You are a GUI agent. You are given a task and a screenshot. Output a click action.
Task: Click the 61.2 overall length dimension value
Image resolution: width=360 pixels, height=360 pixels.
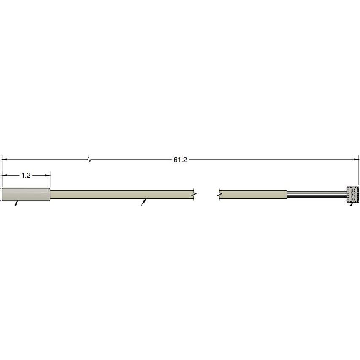(x=180, y=160)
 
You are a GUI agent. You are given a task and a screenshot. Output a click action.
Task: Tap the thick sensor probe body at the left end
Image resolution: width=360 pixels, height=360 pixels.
(x=26, y=194)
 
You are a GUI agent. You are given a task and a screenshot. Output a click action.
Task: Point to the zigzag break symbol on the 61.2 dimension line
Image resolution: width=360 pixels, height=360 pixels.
(x=89, y=160)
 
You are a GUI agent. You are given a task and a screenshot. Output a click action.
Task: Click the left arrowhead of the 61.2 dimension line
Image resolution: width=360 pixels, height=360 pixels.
(x=4, y=160)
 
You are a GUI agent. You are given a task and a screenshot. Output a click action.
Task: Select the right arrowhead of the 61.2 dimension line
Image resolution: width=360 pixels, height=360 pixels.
(x=356, y=160)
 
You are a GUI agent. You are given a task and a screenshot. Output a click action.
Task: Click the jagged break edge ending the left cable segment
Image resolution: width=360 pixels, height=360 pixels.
(x=193, y=194)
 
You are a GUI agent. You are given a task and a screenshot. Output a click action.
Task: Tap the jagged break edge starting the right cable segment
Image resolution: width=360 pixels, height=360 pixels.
(x=220, y=194)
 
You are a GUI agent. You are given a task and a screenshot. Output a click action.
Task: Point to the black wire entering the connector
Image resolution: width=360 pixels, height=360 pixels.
(x=317, y=197)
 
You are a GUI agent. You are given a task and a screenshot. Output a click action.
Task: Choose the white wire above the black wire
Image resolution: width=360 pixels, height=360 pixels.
(x=317, y=192)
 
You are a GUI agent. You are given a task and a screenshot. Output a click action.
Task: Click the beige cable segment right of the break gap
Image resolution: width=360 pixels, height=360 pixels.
(x=253, y=194)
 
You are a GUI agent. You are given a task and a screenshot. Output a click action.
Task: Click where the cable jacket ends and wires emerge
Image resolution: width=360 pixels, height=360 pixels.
(x=287, y=194)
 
